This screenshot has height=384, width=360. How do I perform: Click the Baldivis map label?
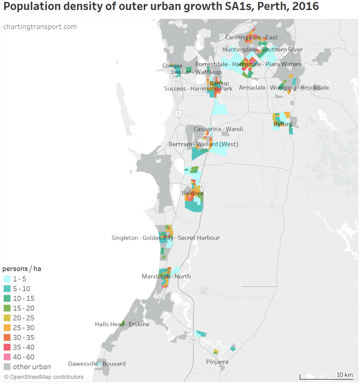point(193,193)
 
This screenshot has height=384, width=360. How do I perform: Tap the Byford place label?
point(283,124)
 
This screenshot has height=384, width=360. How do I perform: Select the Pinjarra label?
point(217,362)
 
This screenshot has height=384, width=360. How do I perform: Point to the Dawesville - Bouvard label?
point(97,364)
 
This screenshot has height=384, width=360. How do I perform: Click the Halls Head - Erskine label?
point(122,324)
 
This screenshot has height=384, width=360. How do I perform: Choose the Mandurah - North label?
point(166,276)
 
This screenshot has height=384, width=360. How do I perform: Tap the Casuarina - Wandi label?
point(218,129)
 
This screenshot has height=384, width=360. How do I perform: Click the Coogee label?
point(172,66)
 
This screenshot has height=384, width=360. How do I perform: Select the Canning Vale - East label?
point(251,38)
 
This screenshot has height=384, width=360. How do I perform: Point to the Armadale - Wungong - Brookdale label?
point(284,88)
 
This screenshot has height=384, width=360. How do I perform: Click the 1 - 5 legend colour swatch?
point(7,279)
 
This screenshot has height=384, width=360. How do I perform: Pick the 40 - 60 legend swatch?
point(7,357)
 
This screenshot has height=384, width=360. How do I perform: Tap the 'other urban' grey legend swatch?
point(7,367)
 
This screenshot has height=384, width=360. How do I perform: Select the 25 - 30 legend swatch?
point(7,328)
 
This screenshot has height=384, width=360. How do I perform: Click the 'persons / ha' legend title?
point(22,269)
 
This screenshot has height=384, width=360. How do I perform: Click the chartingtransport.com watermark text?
point(40,27)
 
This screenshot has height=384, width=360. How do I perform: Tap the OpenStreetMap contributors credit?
point(44,377)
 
